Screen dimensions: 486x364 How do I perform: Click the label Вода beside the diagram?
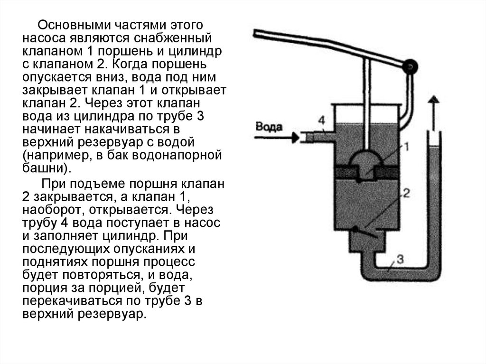pos(269,127)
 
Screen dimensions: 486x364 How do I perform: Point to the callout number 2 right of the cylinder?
pos(406,193)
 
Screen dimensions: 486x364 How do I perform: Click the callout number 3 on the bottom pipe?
pos(400,259)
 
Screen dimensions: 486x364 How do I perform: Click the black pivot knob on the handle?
pos(408,67)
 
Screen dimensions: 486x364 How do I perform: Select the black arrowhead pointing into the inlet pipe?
pos(296,138)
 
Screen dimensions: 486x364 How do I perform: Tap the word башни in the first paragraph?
pos(44,168)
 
